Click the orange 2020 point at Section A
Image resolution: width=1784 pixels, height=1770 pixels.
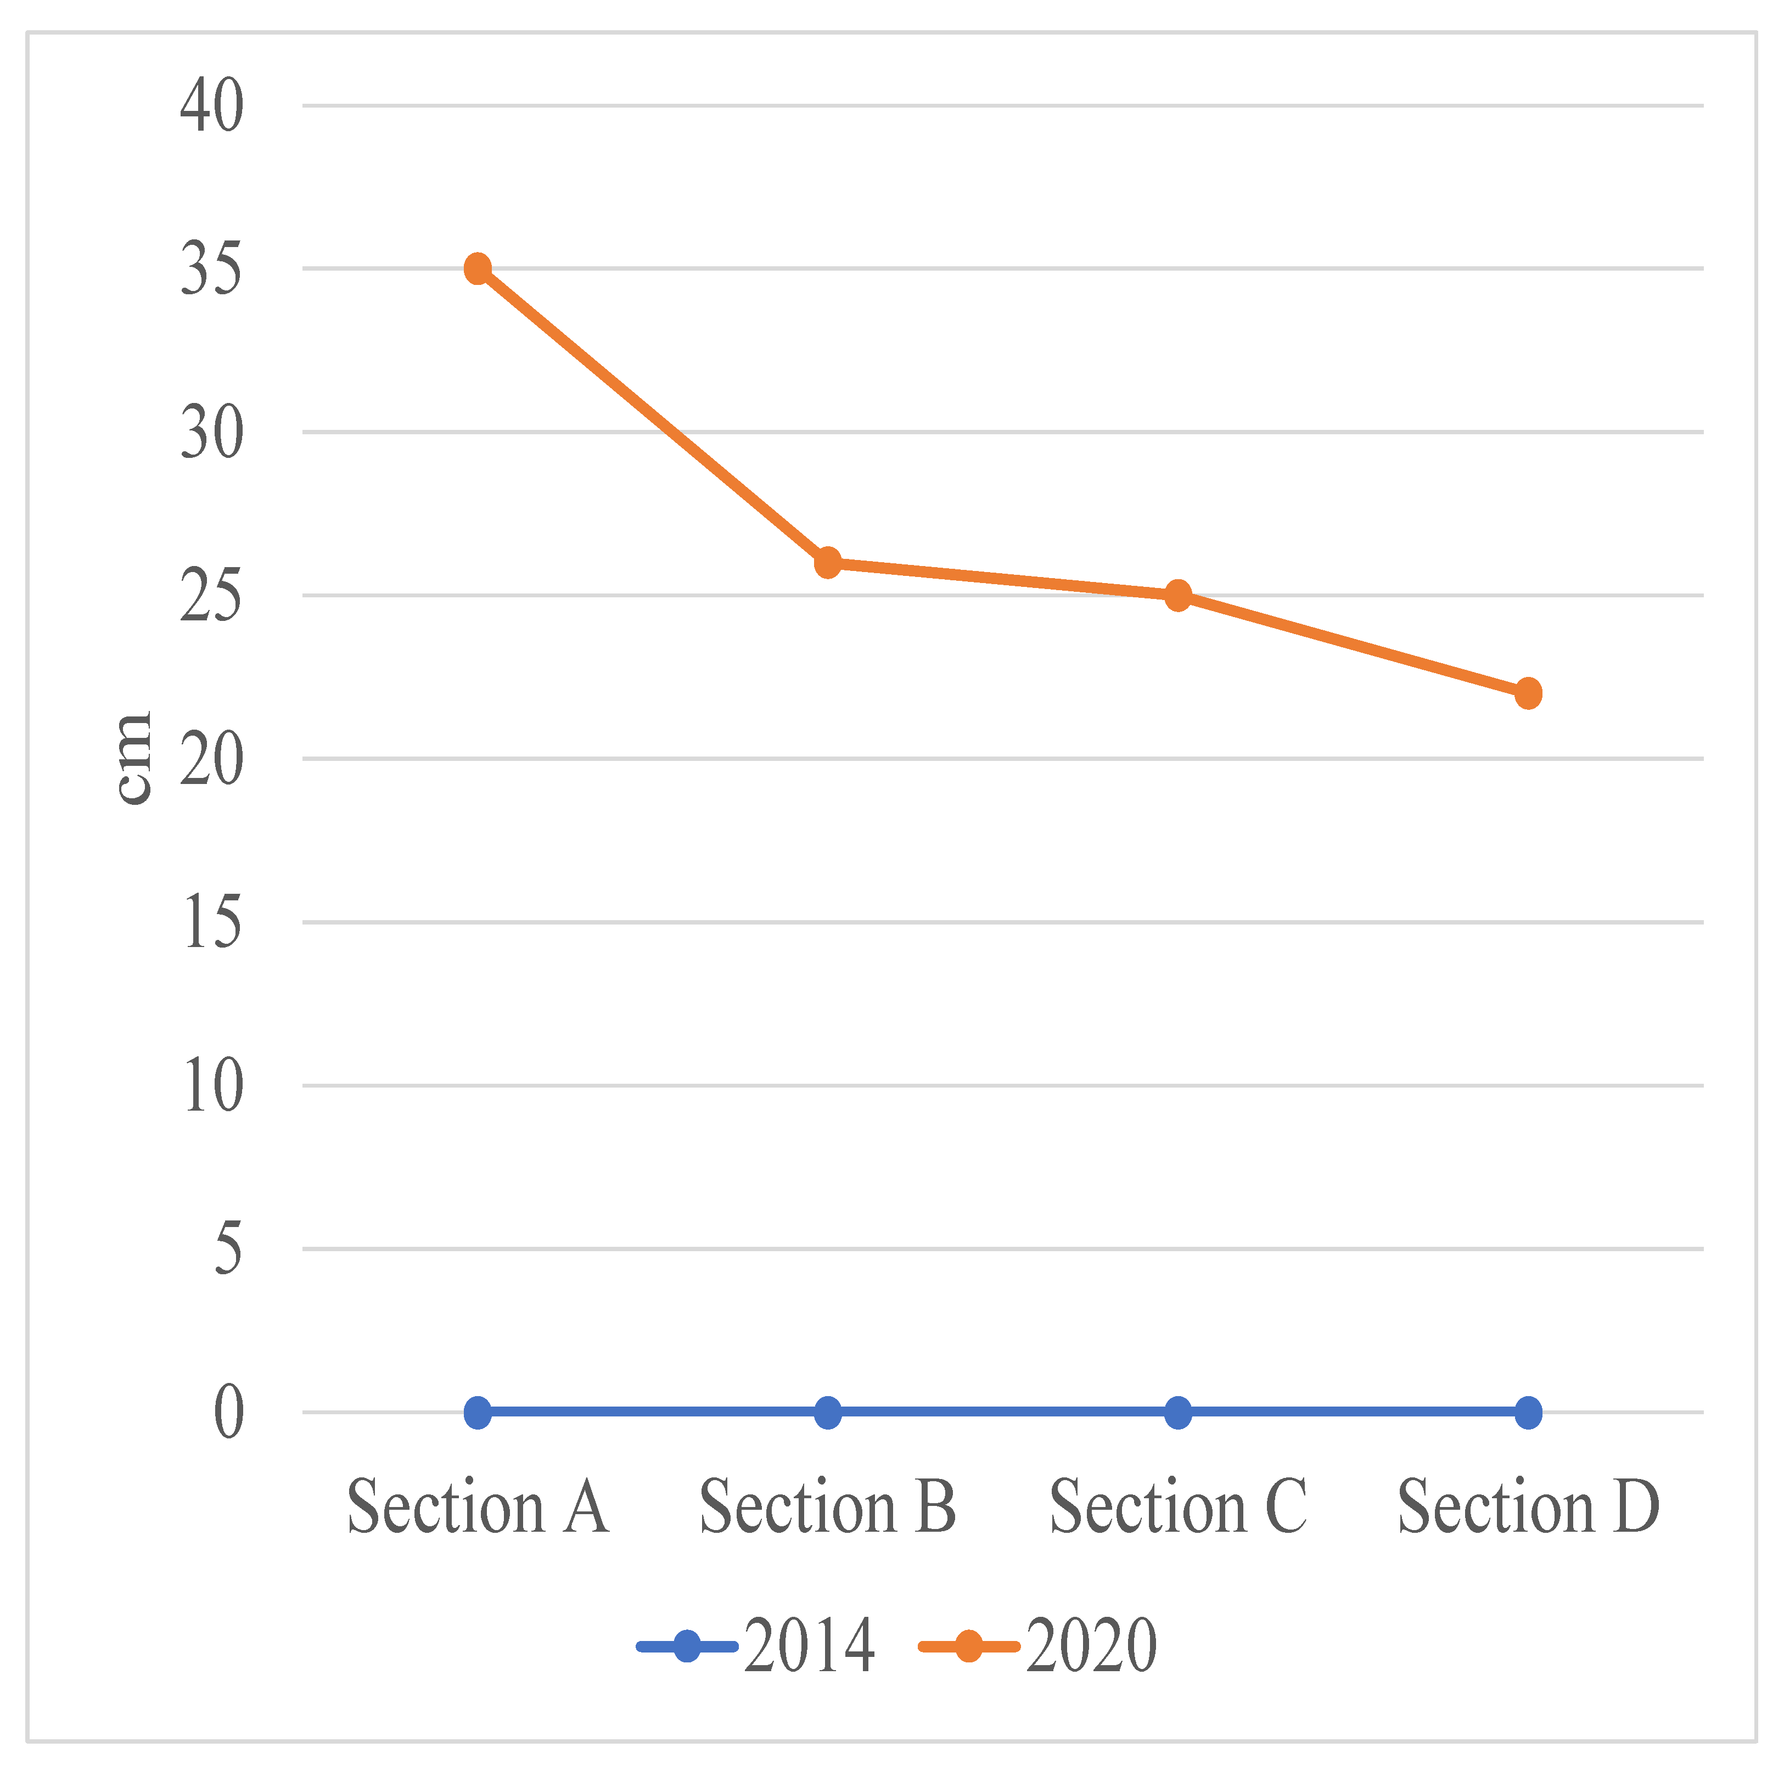[x=478, y=268]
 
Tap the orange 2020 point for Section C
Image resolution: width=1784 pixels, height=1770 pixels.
[x=1177, y=596]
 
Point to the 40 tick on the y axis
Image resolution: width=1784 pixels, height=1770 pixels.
[x=211, y=106]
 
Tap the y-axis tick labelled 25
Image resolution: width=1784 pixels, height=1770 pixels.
[x=211, y=596]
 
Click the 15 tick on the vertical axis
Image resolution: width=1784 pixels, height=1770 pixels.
[x=211, y=922]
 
